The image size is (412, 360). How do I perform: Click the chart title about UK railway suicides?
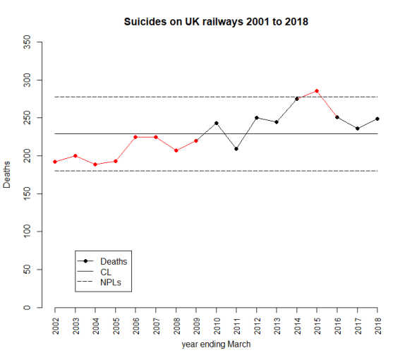point(216,22)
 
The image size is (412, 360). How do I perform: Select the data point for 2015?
point(317,90)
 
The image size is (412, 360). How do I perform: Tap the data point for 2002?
point(54,162)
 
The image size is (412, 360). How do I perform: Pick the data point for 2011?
point(236,149)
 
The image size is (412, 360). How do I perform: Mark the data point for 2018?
point(377,119)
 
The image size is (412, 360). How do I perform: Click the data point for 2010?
point(216,123)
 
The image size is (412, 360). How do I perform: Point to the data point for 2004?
point(95,164)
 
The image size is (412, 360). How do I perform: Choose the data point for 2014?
point(296,99)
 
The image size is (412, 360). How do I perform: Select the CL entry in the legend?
point(107,272)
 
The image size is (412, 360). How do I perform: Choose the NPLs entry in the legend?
point(111,282)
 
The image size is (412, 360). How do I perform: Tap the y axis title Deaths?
point(7,175)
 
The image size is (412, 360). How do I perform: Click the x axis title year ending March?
point(216,345)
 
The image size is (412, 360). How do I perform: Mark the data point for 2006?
point(135,137)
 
